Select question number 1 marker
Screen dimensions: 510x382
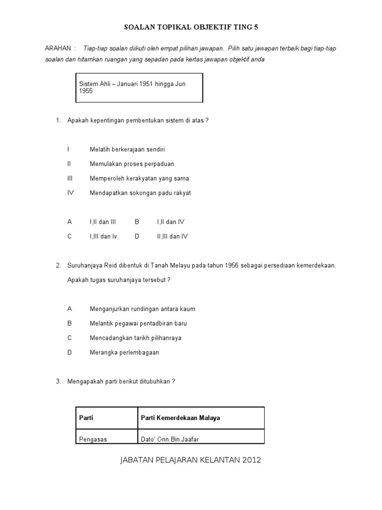58,121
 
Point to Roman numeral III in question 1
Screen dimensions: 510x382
71,178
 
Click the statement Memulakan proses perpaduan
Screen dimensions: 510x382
132,164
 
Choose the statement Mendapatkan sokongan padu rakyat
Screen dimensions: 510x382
140,193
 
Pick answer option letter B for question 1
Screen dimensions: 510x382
137,222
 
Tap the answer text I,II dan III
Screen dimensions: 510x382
102,222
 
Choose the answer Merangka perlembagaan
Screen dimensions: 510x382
124,353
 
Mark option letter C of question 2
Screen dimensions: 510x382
70,338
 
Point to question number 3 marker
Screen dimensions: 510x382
58,382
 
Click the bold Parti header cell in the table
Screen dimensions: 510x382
87,418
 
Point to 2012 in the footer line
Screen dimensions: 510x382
252,460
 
